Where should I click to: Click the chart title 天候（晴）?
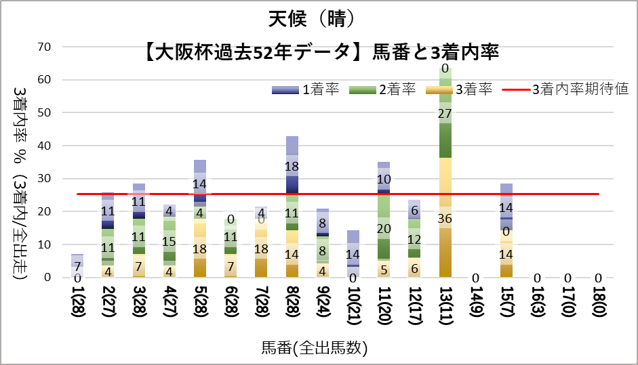pyautogui.click(x=318, y=19)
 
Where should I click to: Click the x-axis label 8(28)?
pyautogui.click(x=292, y=305)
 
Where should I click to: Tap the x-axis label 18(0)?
pyautogui.click(x=599, y=305)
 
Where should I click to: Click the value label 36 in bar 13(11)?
pyautogui.click(x=445, y=218)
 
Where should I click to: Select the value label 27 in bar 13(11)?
pyautogui.click(x=445, y=113)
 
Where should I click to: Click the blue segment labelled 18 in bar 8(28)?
pyautogui.click(x=292, y=167)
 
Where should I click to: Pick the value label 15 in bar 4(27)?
pyautogui.click(x=170, y=242)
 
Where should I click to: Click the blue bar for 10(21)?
pyautogui.click(x=353, y=254)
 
